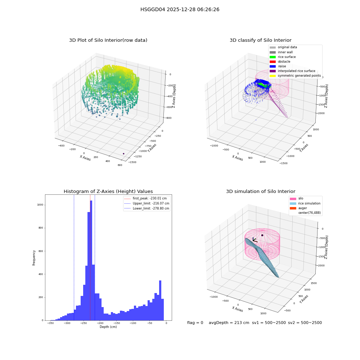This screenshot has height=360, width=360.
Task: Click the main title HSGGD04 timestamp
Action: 180,9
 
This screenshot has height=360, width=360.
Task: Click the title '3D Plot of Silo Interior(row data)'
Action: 108,40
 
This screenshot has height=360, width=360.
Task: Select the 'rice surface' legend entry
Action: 283,57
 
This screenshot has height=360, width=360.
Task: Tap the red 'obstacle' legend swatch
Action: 273,62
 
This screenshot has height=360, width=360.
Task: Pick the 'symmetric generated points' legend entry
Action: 295,76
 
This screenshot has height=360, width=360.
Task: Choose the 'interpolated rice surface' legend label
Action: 296,71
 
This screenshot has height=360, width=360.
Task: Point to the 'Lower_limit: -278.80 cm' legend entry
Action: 147,208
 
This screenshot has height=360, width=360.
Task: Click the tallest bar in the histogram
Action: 91,260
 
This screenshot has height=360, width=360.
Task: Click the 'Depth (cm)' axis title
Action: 108,327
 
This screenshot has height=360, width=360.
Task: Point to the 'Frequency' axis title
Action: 34,258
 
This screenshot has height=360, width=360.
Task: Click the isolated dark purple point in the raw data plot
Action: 123,154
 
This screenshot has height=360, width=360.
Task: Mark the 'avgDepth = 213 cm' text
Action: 229,323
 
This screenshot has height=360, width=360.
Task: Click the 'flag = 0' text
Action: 195,323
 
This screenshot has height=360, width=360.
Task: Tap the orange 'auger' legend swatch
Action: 293,208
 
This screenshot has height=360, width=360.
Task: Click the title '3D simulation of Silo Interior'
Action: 261,192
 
